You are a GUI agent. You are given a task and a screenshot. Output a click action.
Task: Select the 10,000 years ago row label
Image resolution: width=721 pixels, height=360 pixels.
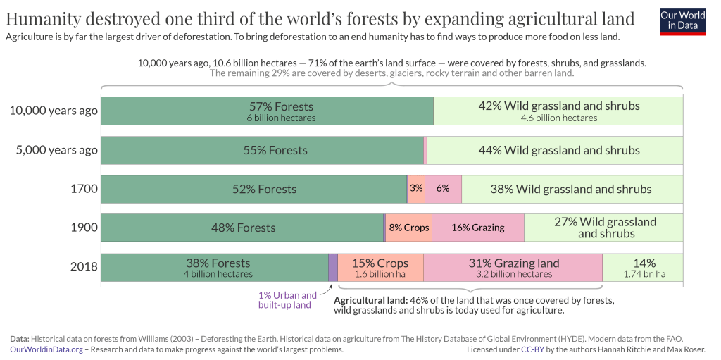54,111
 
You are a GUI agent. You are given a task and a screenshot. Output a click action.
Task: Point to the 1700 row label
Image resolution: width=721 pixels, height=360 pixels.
84,189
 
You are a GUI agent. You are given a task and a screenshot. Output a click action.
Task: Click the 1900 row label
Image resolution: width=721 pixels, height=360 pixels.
84,228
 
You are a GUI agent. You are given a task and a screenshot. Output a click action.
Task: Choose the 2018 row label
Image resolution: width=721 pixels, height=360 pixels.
83,267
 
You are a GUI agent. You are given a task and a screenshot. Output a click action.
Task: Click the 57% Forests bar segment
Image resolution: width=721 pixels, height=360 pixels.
268,111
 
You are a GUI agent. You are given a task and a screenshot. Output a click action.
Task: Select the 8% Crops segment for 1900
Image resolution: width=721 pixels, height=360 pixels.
408,228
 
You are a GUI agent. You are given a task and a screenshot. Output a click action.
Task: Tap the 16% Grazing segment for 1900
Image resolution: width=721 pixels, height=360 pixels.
478,228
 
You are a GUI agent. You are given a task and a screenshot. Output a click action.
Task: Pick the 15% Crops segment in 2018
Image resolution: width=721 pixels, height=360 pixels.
380,267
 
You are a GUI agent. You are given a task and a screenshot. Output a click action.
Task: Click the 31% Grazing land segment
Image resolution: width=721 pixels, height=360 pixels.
513,267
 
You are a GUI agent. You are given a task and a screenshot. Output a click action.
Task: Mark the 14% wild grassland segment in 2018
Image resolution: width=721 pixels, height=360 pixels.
643,267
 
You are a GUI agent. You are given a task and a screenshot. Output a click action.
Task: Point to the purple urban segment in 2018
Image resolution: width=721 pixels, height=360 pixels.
333,267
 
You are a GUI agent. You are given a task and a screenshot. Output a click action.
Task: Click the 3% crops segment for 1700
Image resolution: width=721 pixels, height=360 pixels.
416,189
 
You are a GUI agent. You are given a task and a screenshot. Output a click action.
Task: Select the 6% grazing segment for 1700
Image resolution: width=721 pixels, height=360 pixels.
443,189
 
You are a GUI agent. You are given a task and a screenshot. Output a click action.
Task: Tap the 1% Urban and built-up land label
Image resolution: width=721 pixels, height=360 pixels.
287,300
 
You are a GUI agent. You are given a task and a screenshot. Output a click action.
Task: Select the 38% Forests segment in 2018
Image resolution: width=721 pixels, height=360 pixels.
215,267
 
